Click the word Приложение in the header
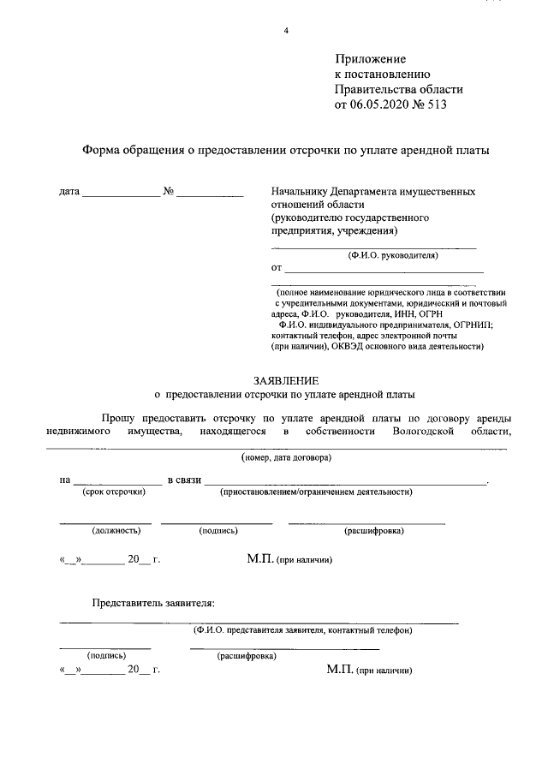pos(370,59)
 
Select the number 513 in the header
pos(435,105)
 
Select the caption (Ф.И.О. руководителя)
pos(393,255)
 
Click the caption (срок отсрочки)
pos(114,492)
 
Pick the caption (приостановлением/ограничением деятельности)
pos(316,492)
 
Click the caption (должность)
pos(105,531)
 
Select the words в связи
pos(184,480)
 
